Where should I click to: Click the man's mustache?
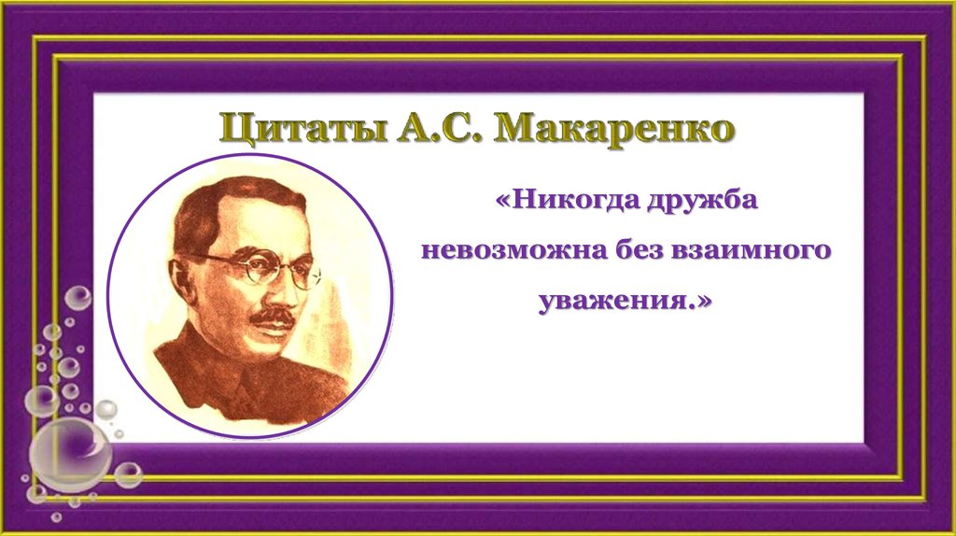tap(274, 317)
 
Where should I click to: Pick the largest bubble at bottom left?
tap(70, 455)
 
